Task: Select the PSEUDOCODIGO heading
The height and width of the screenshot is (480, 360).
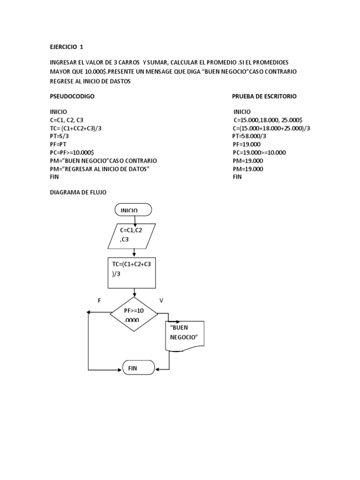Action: click(73, 96)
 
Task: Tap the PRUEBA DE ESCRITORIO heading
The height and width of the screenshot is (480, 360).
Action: click(264, 96)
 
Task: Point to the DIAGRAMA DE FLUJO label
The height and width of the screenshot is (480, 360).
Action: click(78, 192)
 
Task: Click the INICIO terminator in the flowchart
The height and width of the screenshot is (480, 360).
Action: click(133, 210)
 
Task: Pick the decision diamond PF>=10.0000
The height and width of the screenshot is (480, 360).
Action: click(134, 314)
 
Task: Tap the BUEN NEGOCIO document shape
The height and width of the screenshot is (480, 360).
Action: click(185, 336)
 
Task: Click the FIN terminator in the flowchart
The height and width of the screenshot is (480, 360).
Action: click(138, 368)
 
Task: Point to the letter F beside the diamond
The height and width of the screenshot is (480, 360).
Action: click(99, 300)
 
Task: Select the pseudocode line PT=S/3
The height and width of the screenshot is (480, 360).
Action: click(60, 136)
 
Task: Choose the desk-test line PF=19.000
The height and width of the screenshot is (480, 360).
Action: click(247, 144)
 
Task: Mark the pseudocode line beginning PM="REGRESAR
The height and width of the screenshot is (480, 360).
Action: click(99, 169)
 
